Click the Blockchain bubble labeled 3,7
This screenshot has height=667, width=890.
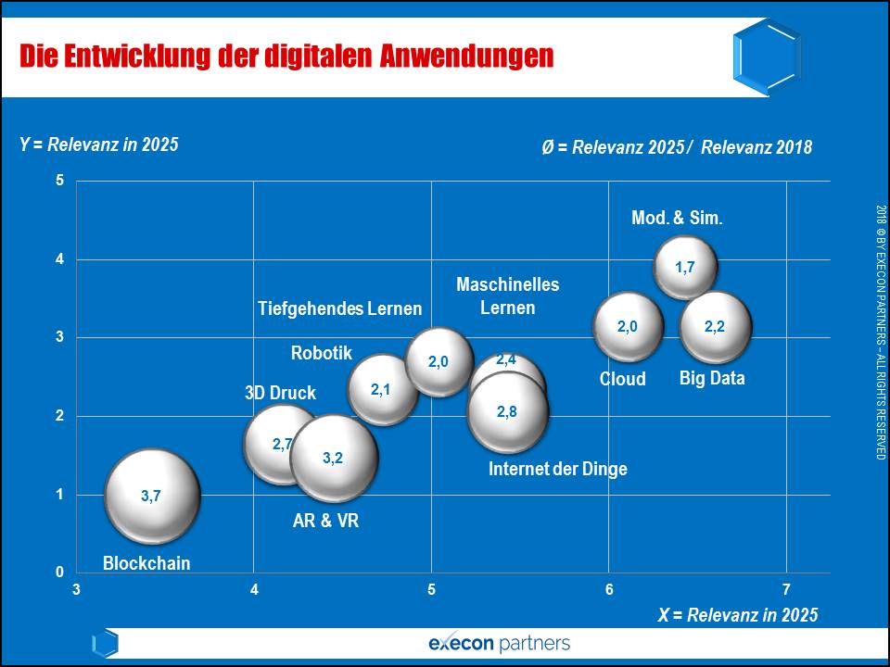(152, 496)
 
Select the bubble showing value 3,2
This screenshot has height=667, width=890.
(334, 458)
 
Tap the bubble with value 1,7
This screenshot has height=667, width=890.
(685, 268)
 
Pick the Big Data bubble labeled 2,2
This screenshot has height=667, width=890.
(715, 327)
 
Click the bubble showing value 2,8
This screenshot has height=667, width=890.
(507, 411)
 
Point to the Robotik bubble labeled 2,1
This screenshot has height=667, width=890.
(382, 390)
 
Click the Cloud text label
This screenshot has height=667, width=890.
(622, 379)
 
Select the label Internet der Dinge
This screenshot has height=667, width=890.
(558, 469)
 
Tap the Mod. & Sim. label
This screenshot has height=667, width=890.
(677, 219)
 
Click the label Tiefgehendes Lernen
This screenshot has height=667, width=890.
(339, 308)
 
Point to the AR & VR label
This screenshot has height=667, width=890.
(325, 521)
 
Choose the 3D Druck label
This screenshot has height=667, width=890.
(280, 393)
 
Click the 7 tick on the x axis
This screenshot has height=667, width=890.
(786, 590)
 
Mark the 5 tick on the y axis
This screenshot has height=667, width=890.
(59, 181)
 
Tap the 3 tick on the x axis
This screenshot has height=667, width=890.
(76, 590)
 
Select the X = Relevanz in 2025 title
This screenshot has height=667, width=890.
(739, 615)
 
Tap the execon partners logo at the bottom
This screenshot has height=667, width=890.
(500, 643)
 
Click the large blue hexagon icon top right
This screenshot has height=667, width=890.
(766, 57)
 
